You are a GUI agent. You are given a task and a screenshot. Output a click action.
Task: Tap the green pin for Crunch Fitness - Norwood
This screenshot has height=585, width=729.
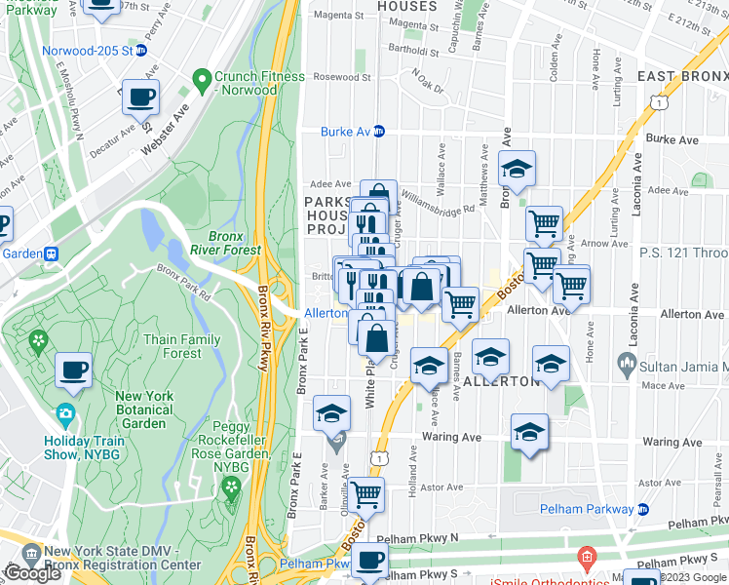pyautogui.click(x=202, y=77)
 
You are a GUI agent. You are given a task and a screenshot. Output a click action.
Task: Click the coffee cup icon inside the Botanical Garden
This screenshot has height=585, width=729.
pyautogui.click(x=74, y=370)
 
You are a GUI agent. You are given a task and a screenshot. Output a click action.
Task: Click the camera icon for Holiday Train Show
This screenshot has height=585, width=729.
pyautogui.click(x=66, y=413)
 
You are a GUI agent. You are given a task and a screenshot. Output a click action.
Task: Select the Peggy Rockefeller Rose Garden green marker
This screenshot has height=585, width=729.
pyautogui.click(x=231, y=485)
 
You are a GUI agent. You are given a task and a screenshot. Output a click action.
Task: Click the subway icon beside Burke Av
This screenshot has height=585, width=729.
pyautogui.click(x=379, y=132)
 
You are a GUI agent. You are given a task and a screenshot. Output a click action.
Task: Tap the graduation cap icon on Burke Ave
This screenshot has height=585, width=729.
pyautogui.click(x=518, y=168)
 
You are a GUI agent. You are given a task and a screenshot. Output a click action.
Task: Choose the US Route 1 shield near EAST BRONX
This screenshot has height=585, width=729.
pyautogui.click(x=662, y=101)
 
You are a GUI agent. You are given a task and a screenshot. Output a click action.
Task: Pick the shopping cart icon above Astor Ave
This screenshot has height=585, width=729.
pyautogui.click(x=366, y=495)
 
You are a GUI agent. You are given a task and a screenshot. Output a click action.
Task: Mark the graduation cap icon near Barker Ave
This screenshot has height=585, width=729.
pyautogui.click(x=331, y=413)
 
